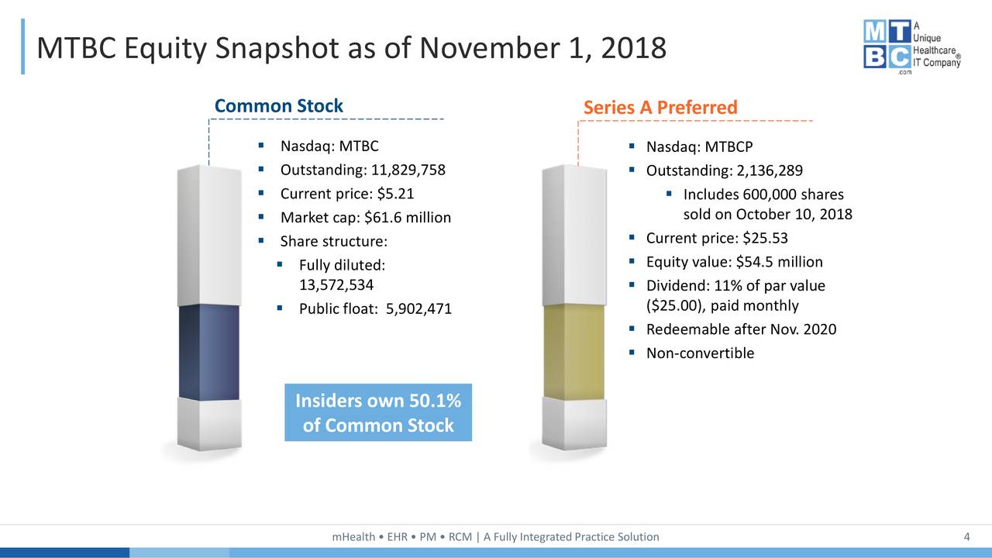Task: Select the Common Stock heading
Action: pyautogui.click(x=278, y=106)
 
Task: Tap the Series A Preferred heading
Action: pyautogui.click(x=660, y=107)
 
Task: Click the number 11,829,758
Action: pyautogui.click(x=408, y=170)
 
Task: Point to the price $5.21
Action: pyautogui.click(x=395, y=194)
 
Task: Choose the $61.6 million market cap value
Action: pyautogui.click(x=408, y=218)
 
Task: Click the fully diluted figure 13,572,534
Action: pyautogui.click(x=336, y=284)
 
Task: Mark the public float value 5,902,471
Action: pyautogui.click(x=418, y=308)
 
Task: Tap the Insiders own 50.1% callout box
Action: pyautogui.click(x=378, y=412)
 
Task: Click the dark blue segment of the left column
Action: pyautogui.click(x=208, y=353)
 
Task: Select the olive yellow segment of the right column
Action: pyautogui.click(x=573, y=352)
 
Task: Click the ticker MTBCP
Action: pyautogui.click(x=728, y=146)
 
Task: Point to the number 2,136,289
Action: pyautogui.click(x=770, y=170)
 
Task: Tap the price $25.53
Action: pyautogui.click(x=765, y=238)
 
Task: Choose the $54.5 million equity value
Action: pyautogui.click(x=779, y=262)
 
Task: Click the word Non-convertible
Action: pyautogui.click(x=700, y=353)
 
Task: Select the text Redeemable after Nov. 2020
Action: pyautogui.click(x=742, y=329)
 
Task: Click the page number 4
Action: pyautogui.click(x=966, y=537)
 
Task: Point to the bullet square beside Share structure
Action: pyautogui.click(x=261, y=241)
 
